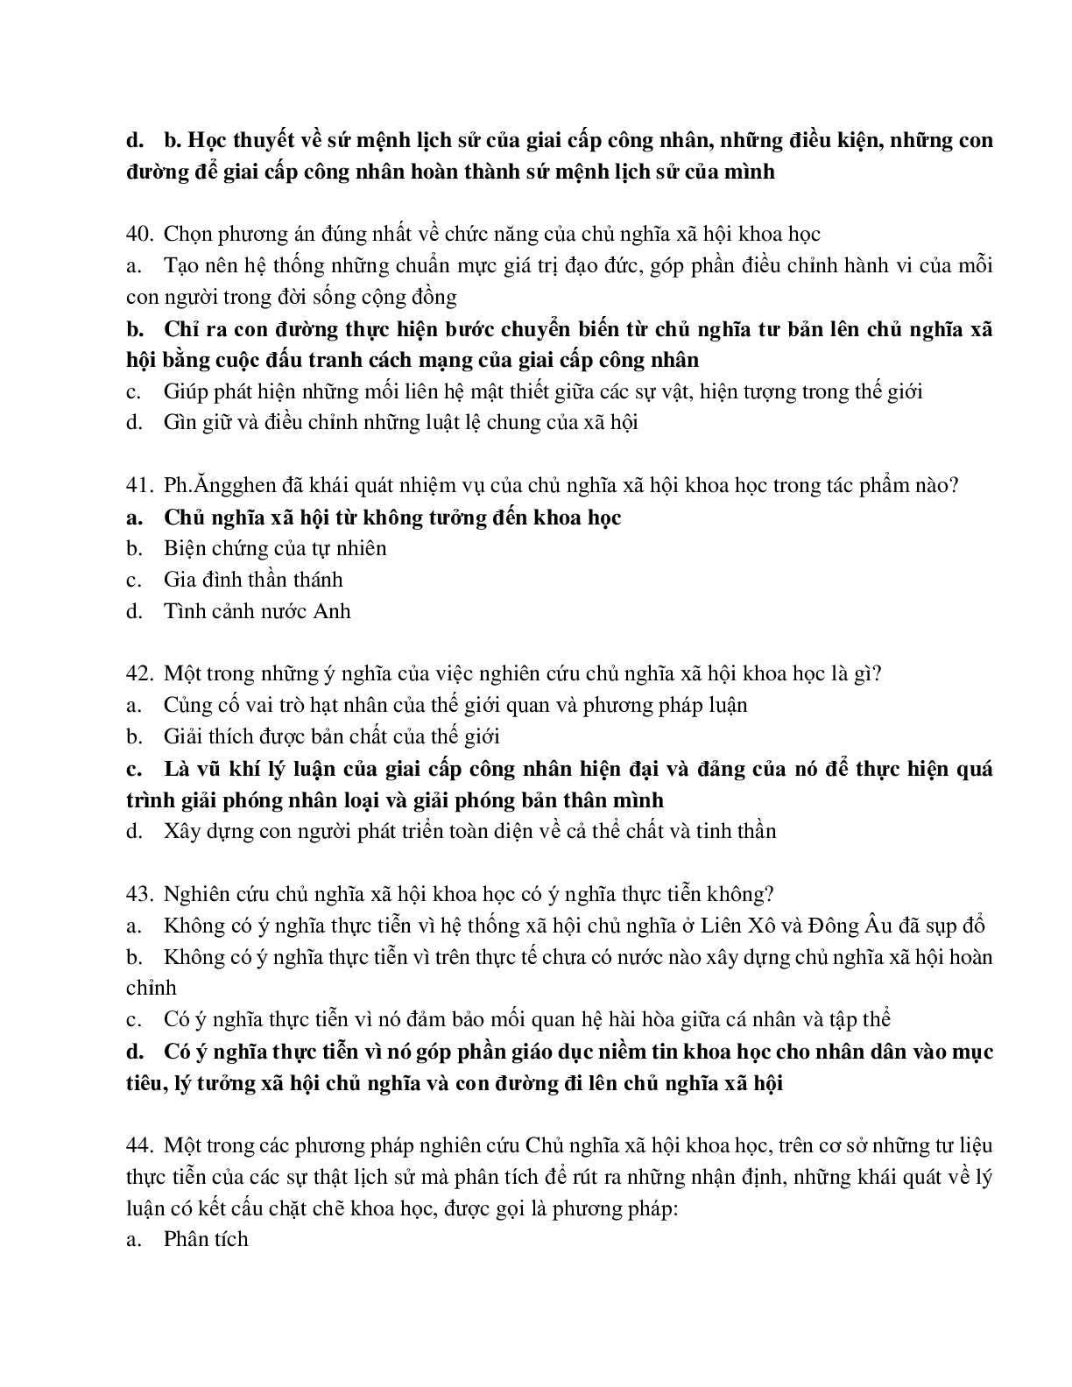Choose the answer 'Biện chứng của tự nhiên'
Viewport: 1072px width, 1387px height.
point(275,549)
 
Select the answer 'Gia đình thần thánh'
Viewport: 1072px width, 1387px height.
point(253,580)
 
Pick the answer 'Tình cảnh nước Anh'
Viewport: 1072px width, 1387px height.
point(257,611)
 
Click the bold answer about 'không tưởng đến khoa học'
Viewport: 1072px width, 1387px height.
point(392,517)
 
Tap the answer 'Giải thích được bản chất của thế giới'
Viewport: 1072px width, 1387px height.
point(331,737)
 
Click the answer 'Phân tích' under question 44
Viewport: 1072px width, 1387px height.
point(206,1239)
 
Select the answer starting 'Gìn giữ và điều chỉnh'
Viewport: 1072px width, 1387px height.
point(400,423)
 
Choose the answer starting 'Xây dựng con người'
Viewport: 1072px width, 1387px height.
point(469,831)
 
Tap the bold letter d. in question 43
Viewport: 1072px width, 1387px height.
point(135,1052)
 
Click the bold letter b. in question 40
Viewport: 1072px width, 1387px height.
point(135,330)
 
